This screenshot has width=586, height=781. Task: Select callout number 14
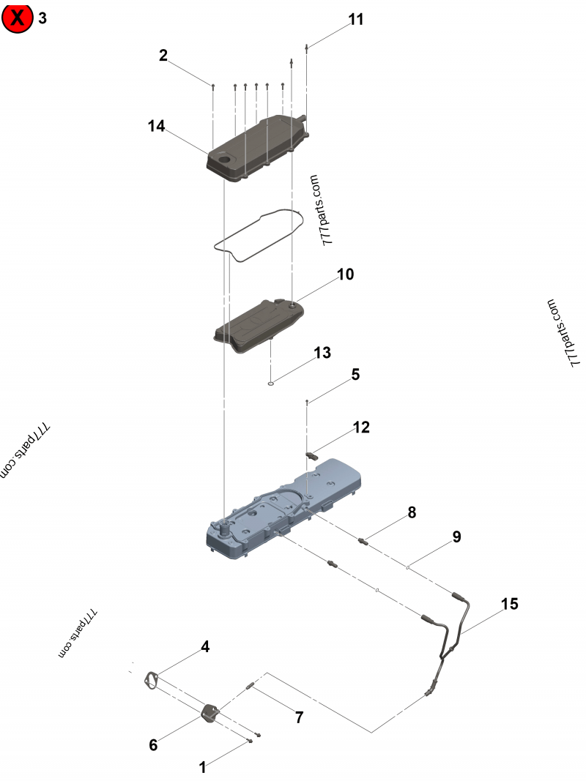156,126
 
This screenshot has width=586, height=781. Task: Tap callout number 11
356,20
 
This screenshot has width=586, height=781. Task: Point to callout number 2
163,55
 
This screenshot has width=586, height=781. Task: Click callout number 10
345,274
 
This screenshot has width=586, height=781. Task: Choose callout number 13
322,353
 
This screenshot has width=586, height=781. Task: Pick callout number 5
355,375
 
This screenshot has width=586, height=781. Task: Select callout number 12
361,427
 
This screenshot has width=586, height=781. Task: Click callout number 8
412,512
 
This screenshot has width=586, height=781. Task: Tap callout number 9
456,537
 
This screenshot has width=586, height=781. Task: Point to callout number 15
509,604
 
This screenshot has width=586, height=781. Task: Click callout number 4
205,646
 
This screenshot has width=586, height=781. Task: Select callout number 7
299,717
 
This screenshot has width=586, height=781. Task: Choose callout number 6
153,744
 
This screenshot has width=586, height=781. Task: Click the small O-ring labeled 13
270,381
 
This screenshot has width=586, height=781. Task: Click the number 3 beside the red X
42,18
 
